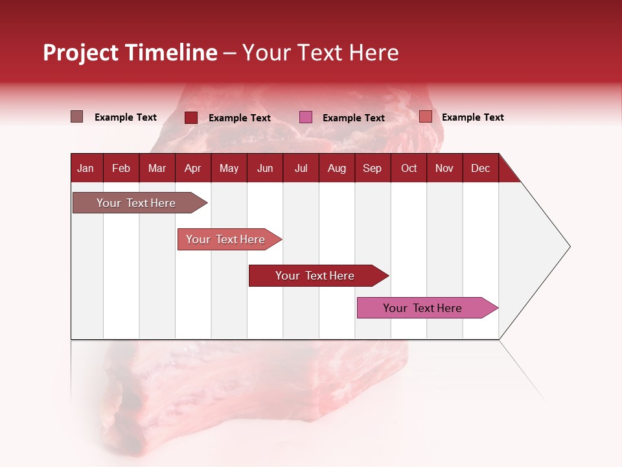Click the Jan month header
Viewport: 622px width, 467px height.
[86, 168]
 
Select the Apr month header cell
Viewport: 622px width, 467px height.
[193, 168]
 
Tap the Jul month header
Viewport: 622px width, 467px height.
[301, 168]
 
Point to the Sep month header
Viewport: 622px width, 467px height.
[373, 168]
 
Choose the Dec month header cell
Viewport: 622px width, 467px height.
[480, 168]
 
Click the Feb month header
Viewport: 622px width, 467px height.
[121, 168]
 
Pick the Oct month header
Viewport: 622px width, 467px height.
[409, 168]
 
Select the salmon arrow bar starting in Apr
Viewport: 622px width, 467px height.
[227, 239]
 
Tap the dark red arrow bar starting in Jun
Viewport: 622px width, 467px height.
[316, 276]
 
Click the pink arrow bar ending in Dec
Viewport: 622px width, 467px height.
[424, 308]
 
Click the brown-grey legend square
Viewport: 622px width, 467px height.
[77, 117]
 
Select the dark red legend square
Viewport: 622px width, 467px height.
[191, 117]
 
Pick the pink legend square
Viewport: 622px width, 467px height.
[306, 117]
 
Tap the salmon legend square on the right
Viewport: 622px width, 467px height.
[426, 117]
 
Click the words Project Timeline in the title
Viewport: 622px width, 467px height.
[130, 53]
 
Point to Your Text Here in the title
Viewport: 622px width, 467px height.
[320, 53]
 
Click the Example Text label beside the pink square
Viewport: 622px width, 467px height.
[353, 118]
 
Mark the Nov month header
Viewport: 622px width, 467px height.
[444, 168]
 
